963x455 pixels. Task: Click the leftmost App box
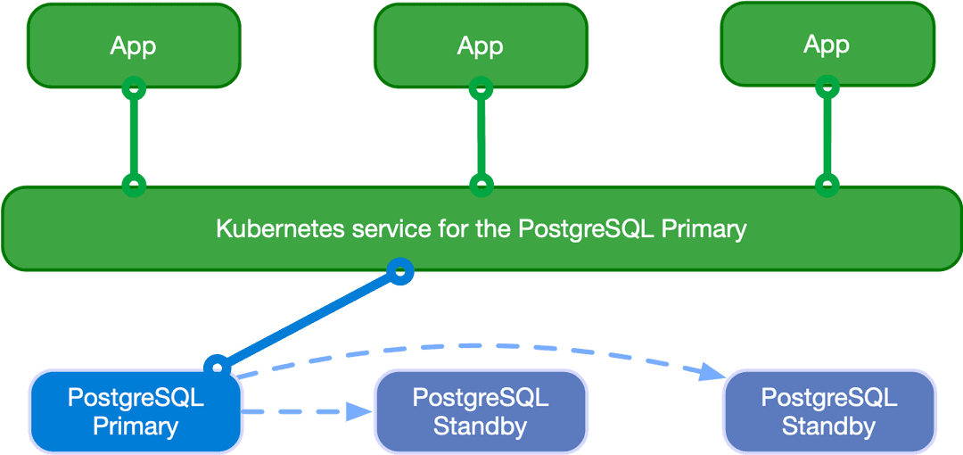click(x=134, y=45)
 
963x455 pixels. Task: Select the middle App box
click(x=481, y=45)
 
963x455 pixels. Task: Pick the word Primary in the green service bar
click(x=704, y=229)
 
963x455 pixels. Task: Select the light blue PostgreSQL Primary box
click(x=136, y=412)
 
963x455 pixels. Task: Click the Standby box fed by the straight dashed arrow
click(x=481, y=412)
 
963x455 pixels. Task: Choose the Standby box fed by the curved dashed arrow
click(x=828, y=412)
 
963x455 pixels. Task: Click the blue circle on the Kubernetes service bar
click(x=401, y=270)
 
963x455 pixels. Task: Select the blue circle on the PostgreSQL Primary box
click(x=216, y=366)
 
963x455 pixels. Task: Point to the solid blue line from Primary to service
click(x=308, y=318)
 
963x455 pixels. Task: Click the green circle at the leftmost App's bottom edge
click(x=134, y=87)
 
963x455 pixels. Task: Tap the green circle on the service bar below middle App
click(x=481, y=186)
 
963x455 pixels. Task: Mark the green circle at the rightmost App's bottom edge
click(x=827, y=87)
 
